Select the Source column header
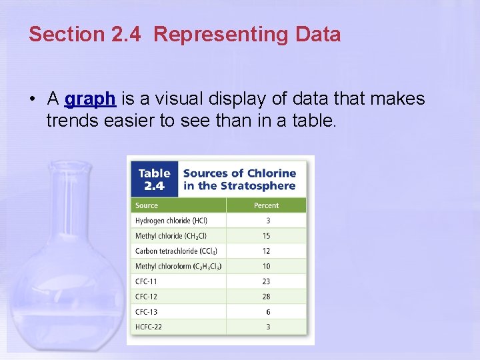point(147,205)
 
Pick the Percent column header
point(266,205)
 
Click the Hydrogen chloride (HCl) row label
point(171,221)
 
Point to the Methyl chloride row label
point(171,236)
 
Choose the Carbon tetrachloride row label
point(176,251)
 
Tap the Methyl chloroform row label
point(178,267)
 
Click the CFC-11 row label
point(147,281)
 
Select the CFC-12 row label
point(147,297)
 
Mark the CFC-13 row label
point(147,312)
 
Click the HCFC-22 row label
point(149,327)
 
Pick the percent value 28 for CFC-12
point(267,297)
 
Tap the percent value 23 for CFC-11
point(267,281)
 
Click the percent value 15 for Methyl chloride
point(267,236)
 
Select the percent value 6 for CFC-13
point(268,312)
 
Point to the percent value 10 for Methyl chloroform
point(267,267)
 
